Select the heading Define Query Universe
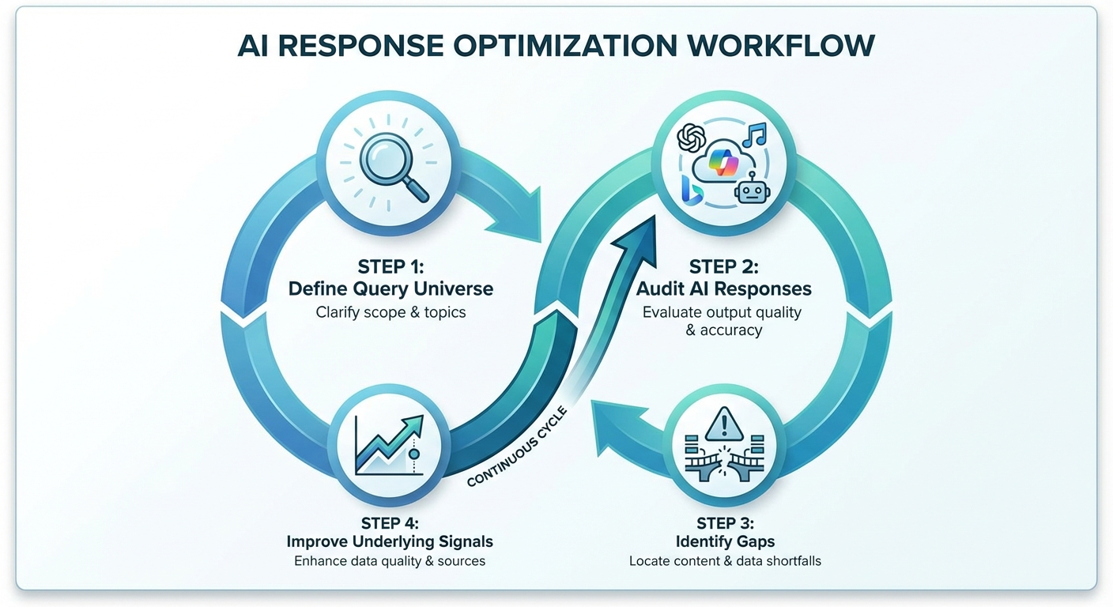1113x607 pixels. click(x=390, y=289)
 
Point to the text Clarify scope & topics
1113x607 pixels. click(x=390, y=312)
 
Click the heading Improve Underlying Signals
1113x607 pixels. click(x=390, y=541)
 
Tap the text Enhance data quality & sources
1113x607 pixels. click(x=390, y=561)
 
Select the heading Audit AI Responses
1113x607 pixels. click(x=723, y=289)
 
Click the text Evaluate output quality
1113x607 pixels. click(x=722, y=312)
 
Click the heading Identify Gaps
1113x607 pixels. click(x=725, y=541)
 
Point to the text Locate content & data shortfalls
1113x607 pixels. click(x=725, y=561)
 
